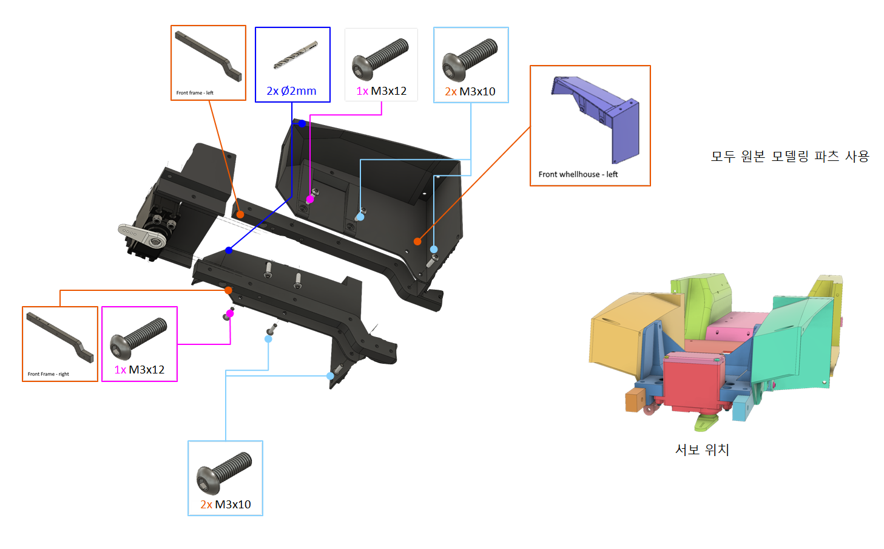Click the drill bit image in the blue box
295,55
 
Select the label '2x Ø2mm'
291,91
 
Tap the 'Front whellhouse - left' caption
578,174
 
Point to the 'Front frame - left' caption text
195,93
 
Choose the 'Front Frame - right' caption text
48,374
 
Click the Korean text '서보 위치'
702,450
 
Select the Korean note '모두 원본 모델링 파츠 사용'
790,157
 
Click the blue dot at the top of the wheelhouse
302,123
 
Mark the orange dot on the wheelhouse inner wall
417,241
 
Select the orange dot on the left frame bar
240,214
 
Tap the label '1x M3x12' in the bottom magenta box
139,370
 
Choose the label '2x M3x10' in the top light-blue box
470,92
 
